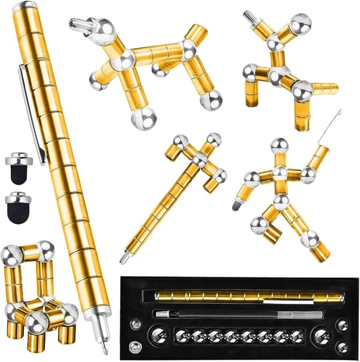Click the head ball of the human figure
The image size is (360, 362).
coord(279,146)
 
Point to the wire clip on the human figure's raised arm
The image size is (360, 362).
coord(334,125)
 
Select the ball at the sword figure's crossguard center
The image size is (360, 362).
coord(199,159)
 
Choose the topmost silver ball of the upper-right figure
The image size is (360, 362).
coord(300,24)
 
